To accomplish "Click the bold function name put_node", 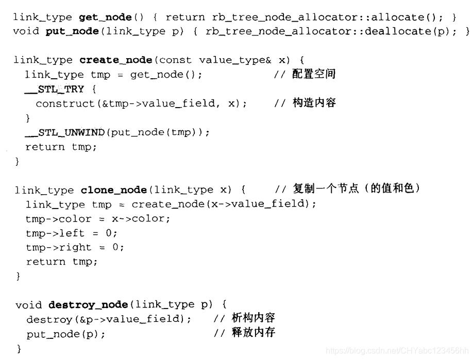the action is point(72,31).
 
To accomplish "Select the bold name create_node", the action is point(116,60).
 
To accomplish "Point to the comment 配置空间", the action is point(314,74).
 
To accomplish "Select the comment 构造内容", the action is point(314,103).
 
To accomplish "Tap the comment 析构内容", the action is point(253,318).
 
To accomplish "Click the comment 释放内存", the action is point(253,333).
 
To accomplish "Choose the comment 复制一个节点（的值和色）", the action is point(354,189).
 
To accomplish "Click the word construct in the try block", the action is point(65,104).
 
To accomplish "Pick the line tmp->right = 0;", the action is point(75,247).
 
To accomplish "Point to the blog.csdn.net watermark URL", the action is point(397,351).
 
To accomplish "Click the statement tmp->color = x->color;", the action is point(97,218).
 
